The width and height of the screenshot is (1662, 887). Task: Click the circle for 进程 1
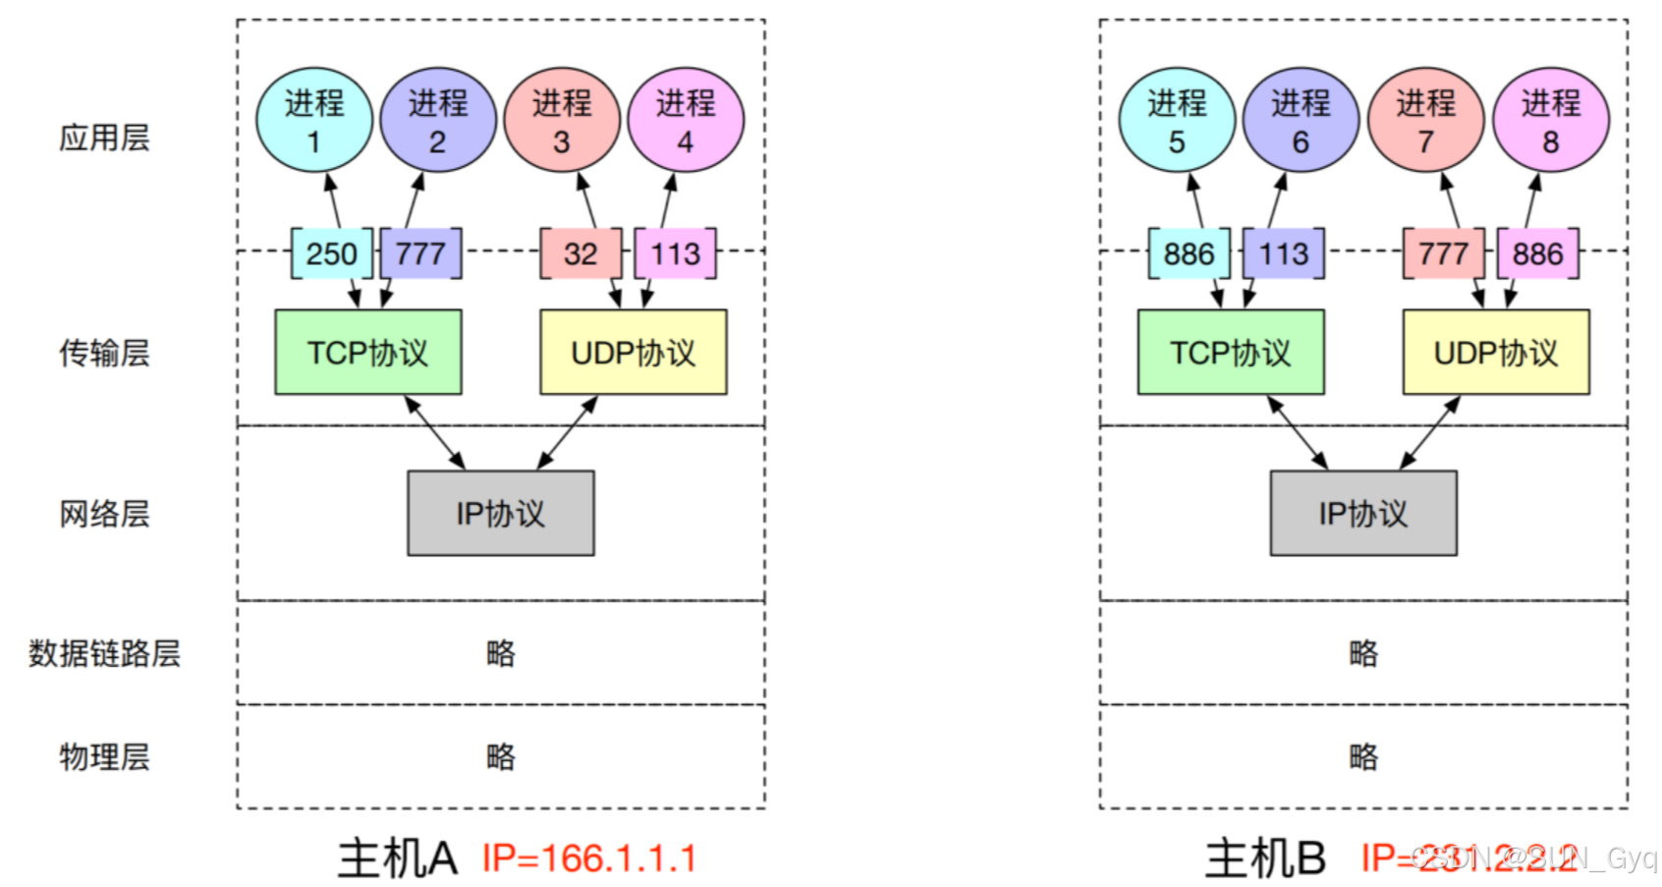point(314,120)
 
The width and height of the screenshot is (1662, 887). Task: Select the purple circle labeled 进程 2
point(438,120)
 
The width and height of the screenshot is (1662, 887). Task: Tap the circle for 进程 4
point(686,120)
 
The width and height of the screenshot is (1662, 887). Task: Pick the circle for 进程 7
point(1425,120)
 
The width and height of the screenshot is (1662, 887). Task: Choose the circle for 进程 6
point(1301,120)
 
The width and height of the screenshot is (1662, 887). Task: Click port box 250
point(332,253)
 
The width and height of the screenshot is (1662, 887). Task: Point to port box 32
point(581,253)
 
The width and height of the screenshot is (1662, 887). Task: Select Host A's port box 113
point(675,253)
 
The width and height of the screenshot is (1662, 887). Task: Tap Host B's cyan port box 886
point(1189,253)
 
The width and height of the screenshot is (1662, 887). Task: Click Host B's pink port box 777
point(1442,253)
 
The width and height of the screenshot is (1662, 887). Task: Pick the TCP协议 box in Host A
point(368,353)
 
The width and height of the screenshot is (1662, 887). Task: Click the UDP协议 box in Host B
point(1496,353)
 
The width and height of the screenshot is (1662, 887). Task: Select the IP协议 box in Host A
point(501,513)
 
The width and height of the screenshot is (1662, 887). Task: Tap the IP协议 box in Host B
point(1363,513)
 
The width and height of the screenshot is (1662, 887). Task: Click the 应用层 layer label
point(104,138)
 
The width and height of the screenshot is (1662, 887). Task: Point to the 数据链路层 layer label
point(104,653)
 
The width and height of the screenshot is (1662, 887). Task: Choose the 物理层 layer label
point(104,756)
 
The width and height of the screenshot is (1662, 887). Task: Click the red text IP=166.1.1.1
point(589,859)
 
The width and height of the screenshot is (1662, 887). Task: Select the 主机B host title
point(1265,859)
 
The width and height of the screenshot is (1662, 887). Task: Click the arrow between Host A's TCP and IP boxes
point(435,432)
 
